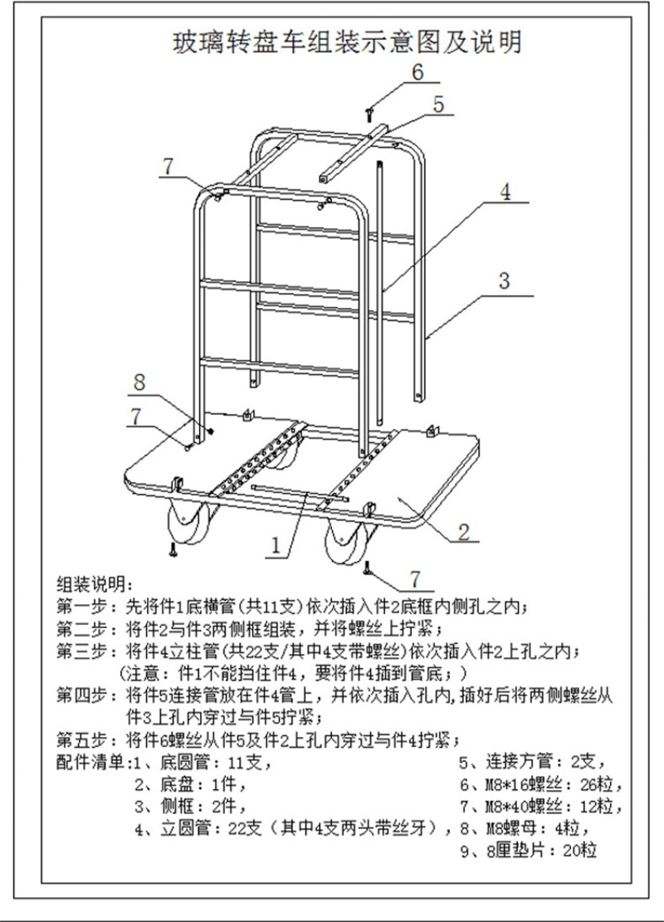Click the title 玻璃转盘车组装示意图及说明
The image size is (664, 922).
pyautogui.click(x=346, y=42)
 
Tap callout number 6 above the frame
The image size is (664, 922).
pyautogui.click(x=417, y=72)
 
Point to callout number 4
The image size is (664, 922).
pyautogui.click(x=505, y=192)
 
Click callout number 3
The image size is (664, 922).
pyautogui.click(x=504, y=280)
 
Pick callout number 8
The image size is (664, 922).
pyautogui.click(x=139, y=383)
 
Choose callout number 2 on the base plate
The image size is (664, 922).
pyautogui.click(x=464, y=532)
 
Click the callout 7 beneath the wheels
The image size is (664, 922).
pyautogui.click(x=415, y=579)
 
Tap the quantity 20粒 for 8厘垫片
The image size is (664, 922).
pyautogui.click(x=580, y=851)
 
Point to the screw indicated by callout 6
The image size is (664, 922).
pyautogui.click(x=369, y=114)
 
